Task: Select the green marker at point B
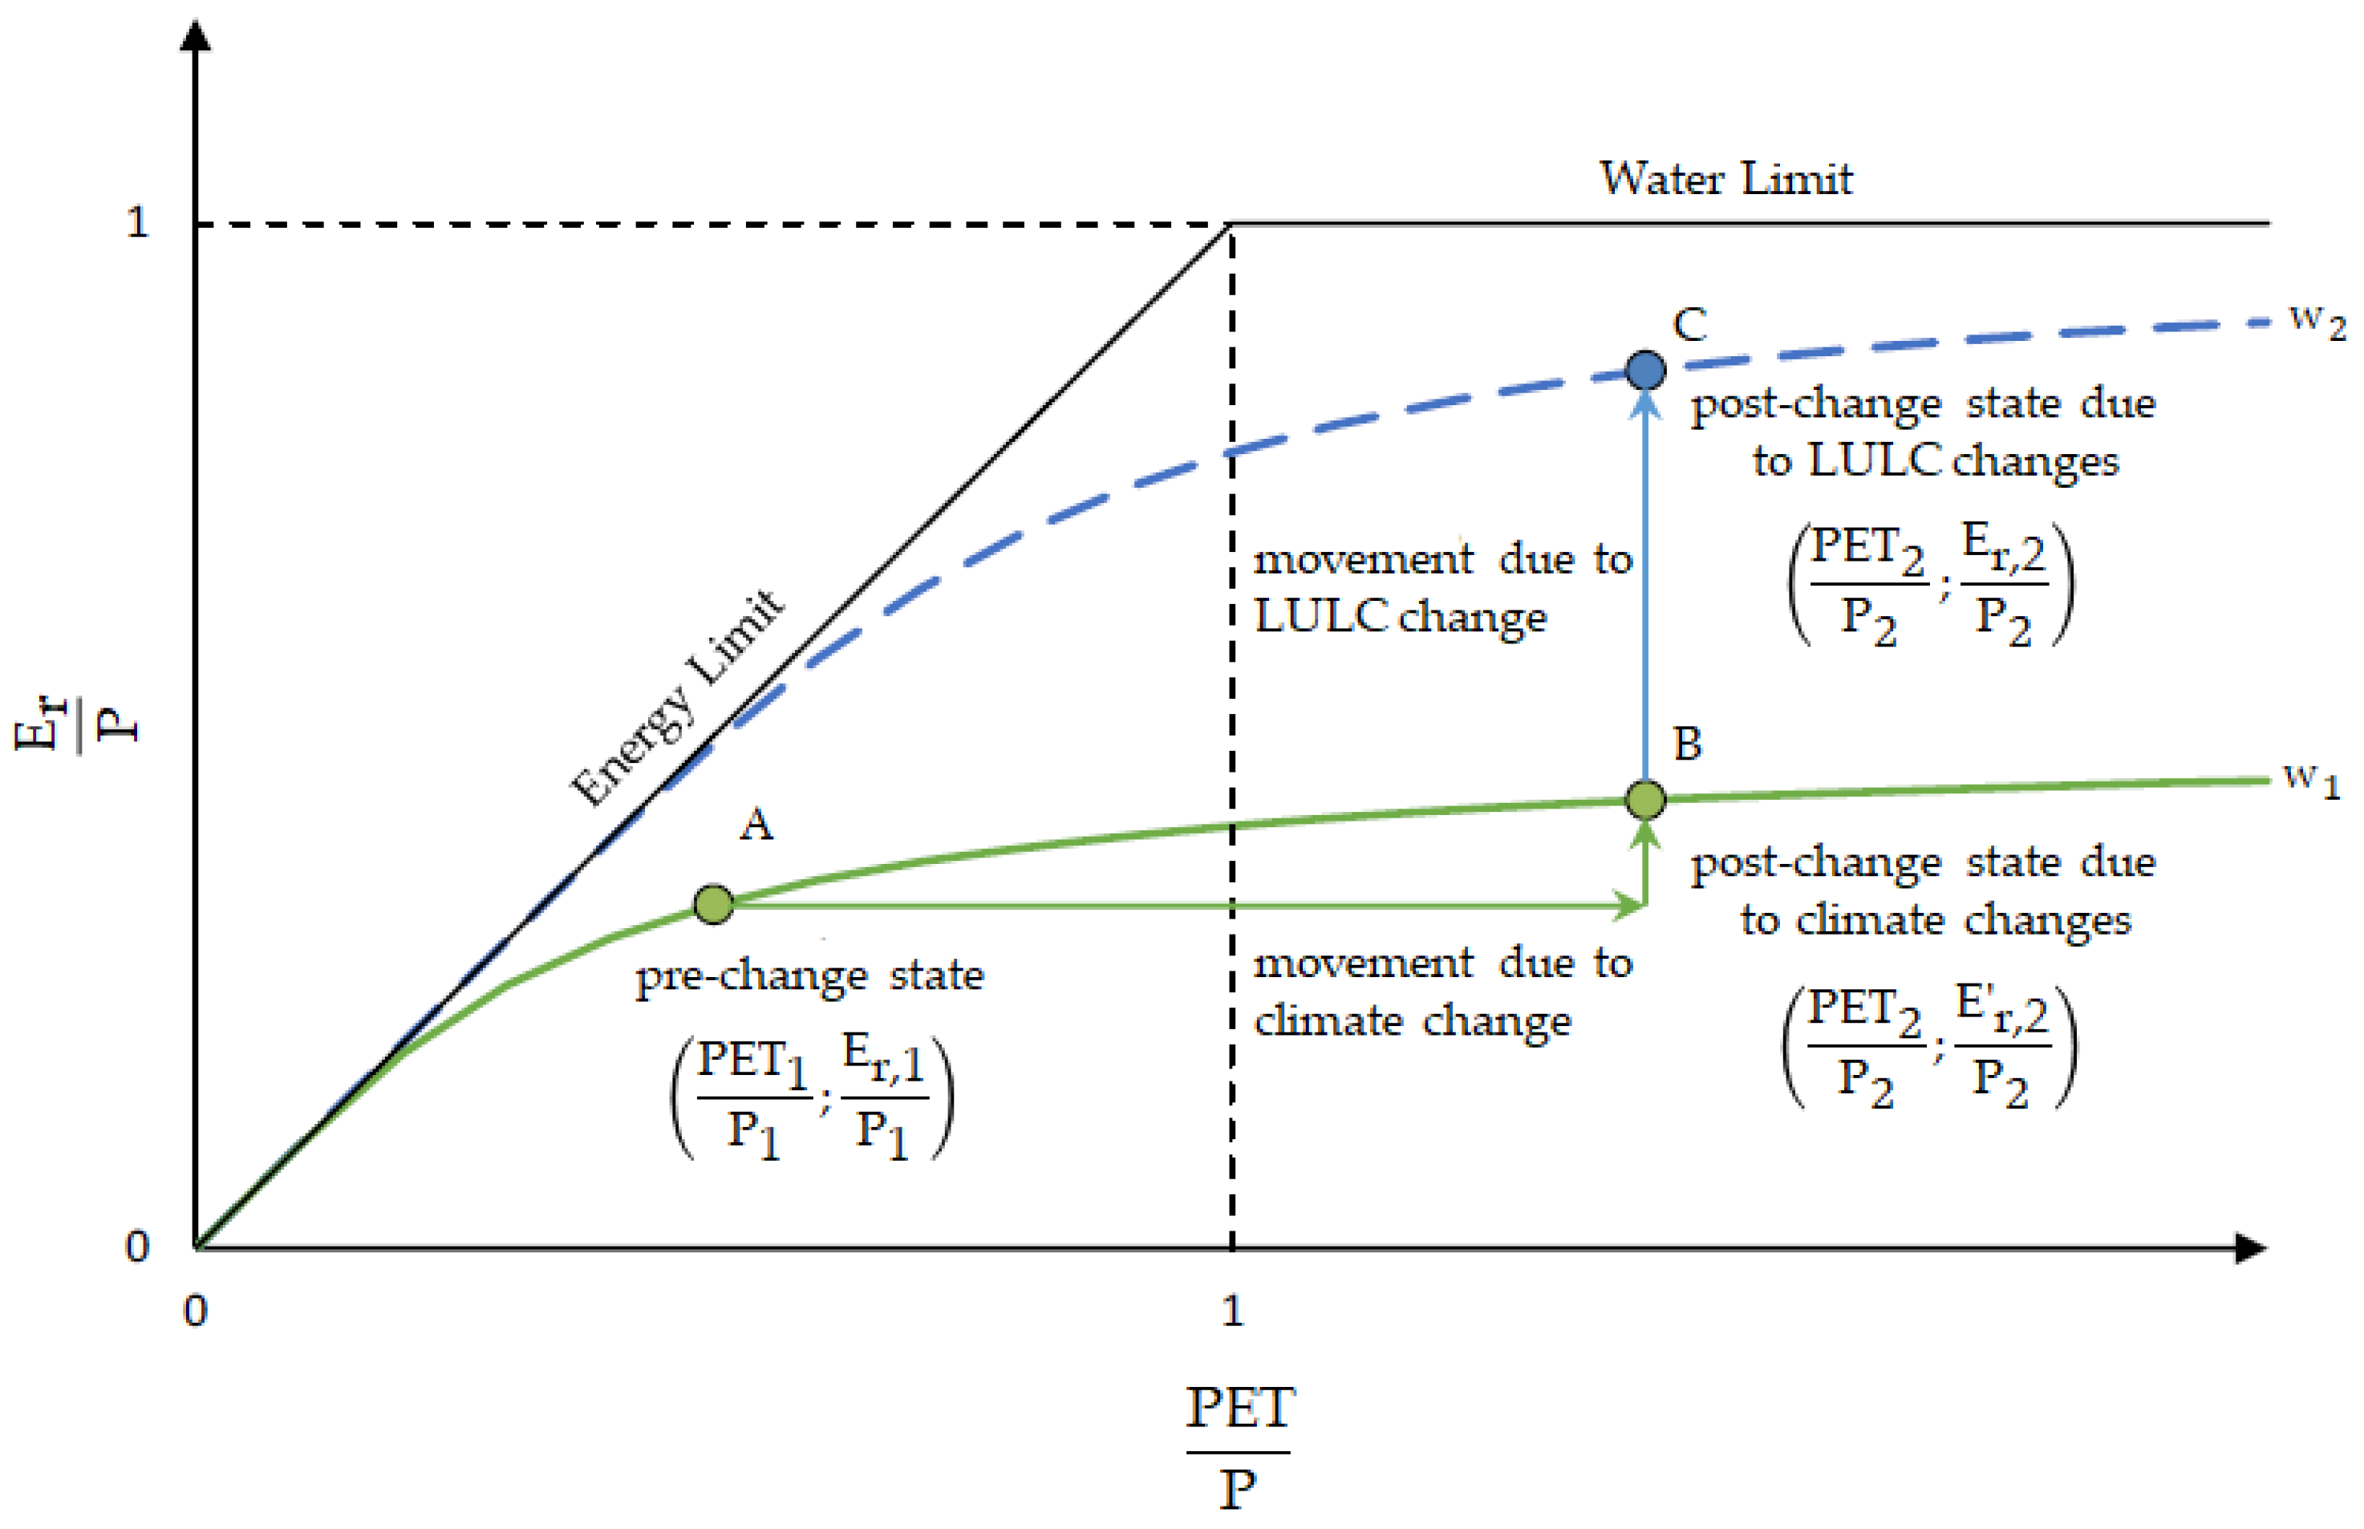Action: pos(1645,799)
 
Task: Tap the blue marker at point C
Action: pos(1645,371)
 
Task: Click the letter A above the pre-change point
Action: pos(756,825)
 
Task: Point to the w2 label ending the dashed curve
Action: pos(2317,321)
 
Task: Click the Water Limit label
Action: pos(1725,180)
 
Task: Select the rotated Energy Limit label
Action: pos(678,697)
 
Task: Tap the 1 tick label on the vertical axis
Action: pos(137,222)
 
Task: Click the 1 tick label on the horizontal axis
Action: pos(1232,1312)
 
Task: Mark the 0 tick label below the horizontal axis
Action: pos(196,1312)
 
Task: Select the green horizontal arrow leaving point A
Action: pos(1182,906)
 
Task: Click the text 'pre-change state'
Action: pos(809,976)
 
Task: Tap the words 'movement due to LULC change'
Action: pos(1442,589)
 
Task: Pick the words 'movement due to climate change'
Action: pos(1442,992)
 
